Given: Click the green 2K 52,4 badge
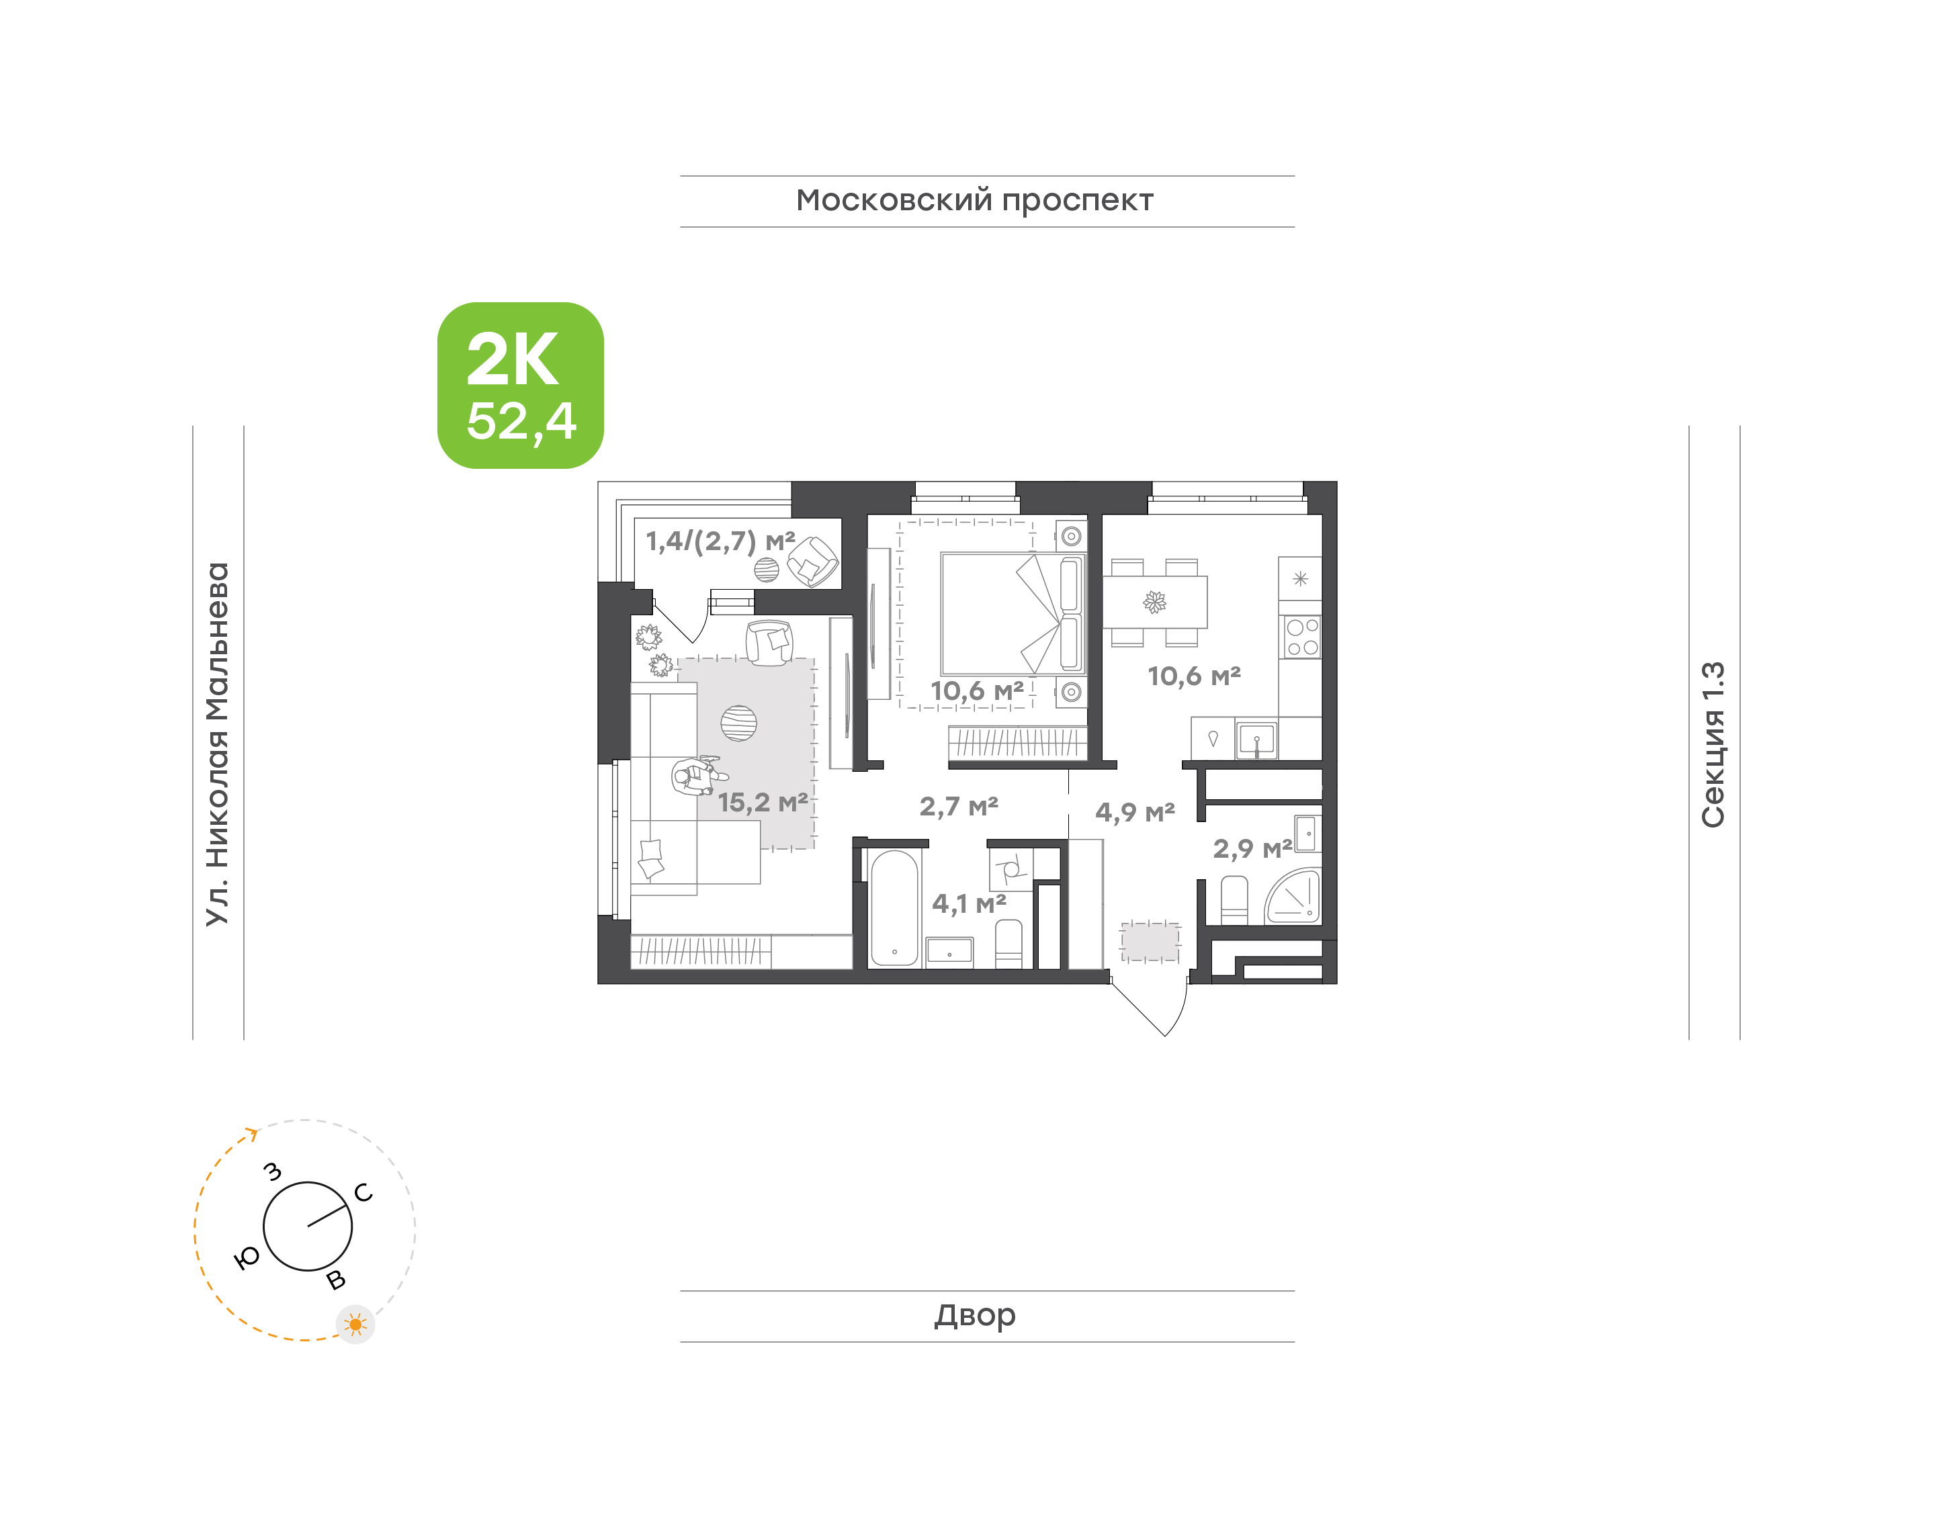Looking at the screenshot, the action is point(520,385).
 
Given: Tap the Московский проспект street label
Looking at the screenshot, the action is point(974,202).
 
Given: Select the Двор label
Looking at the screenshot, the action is point(974,1315).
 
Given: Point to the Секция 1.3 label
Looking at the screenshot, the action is point(1713,745).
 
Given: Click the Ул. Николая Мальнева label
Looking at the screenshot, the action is point(218,744).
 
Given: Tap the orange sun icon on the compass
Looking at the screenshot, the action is point(355,1325).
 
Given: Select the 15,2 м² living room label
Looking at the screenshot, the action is point(763,803).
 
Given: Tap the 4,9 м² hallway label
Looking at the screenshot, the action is point(1135,812).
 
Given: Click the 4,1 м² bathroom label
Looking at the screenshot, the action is point(969,904).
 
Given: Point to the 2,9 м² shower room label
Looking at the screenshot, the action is point(1252,849).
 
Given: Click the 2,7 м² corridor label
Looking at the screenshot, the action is point(958,807).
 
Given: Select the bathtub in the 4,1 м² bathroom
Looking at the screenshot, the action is point(894,908).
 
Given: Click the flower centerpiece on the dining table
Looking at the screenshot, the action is point(1154,602).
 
